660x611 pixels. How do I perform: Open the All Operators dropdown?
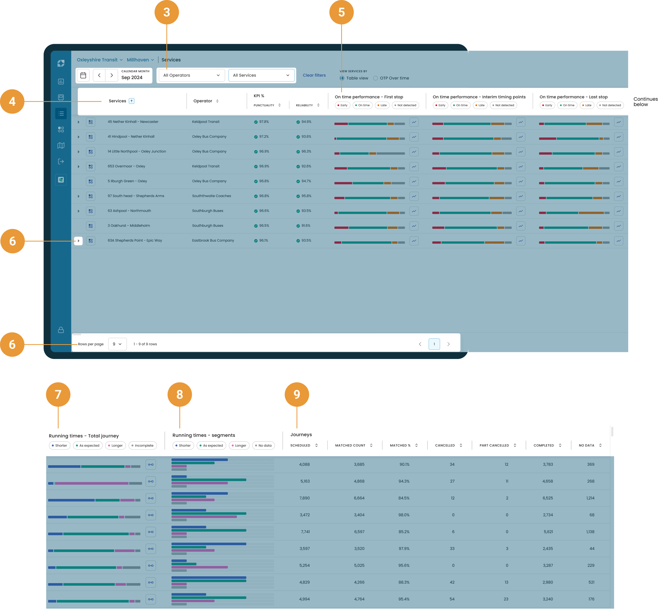coord(191,75)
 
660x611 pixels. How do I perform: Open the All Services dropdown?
coord(261,75)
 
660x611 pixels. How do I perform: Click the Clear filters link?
coord(314,75)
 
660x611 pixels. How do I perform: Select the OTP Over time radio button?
coord(376,78)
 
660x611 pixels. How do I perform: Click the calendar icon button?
coord(83,75)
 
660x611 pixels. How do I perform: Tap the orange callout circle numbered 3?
coord(167,12)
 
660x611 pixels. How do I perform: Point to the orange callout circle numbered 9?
coord(297,395)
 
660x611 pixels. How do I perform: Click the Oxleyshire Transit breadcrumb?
coord(97,60)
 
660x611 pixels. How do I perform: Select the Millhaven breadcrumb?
coord(138,60)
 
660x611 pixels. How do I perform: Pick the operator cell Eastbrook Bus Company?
coord(213,240)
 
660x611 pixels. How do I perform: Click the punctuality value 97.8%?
coord(264,122)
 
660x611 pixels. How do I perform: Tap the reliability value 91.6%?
coord(306,225)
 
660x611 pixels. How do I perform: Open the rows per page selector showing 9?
coord(117,344)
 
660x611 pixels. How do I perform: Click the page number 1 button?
coord(434,344)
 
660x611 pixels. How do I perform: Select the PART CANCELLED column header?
coord(494,445)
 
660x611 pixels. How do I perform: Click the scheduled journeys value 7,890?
coord(305,498)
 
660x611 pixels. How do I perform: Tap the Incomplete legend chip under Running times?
coord(142,445)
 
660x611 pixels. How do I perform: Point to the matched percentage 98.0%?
coord(404,515)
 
